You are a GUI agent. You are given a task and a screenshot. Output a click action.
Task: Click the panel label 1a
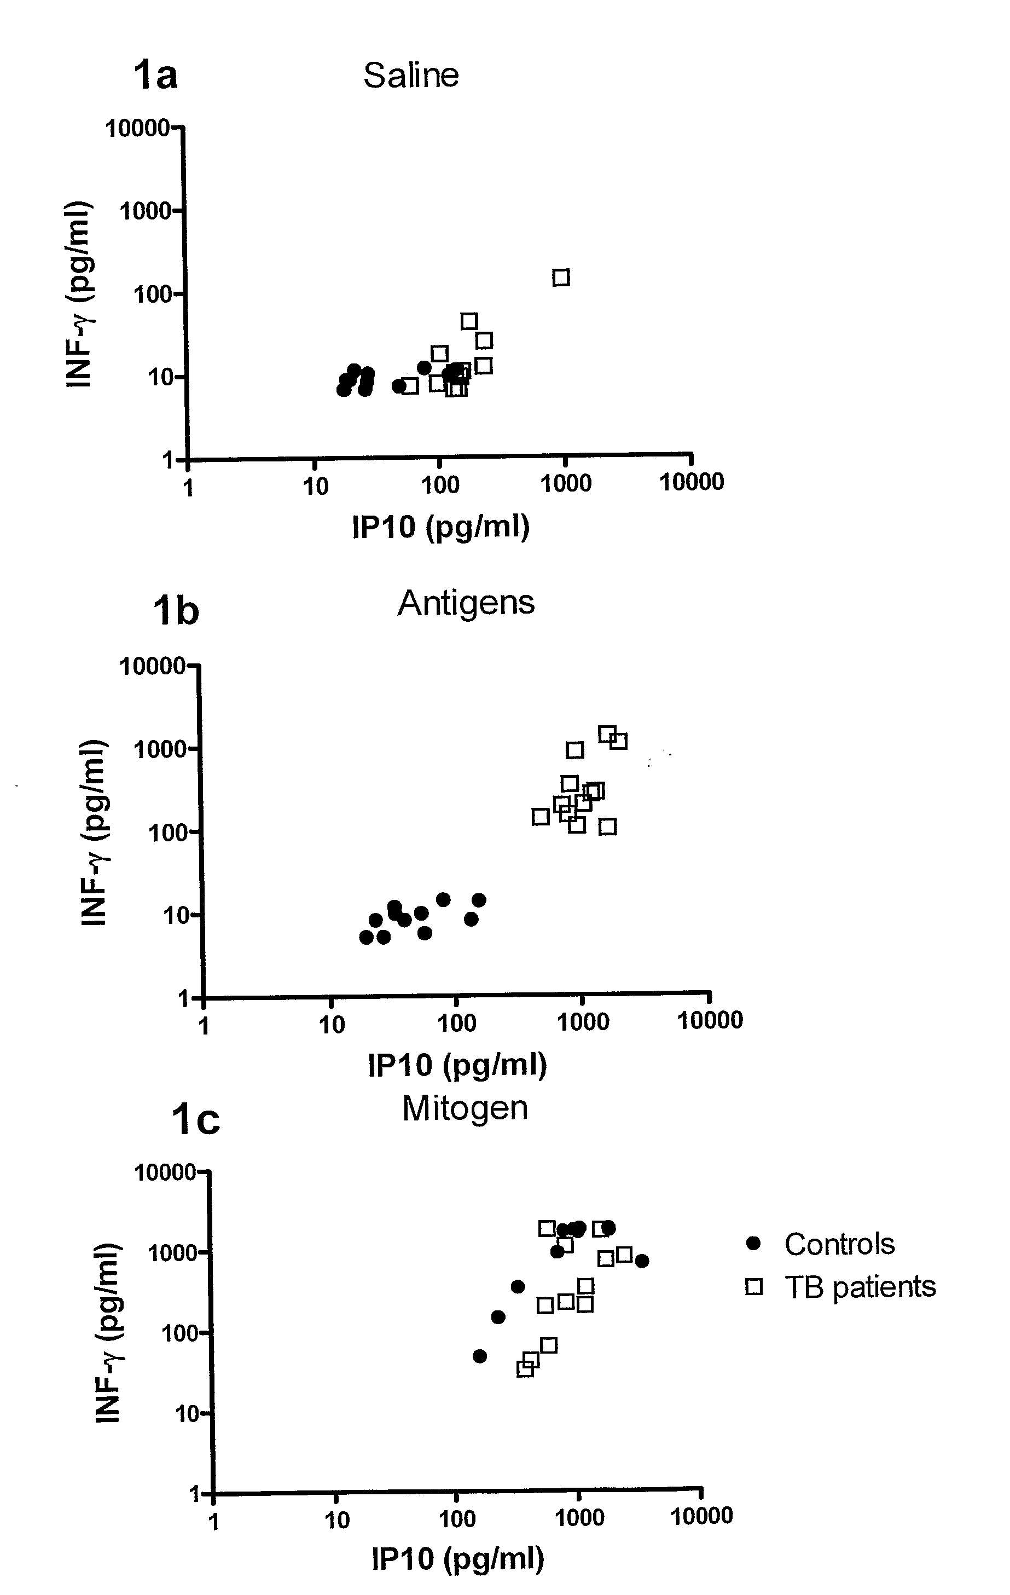coord(155,75)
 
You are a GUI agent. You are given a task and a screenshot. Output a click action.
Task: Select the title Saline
coord(411,76)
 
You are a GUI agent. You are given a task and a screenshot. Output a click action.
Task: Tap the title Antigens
coord(466,603)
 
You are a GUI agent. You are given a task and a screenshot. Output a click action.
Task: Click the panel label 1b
coord(176,610)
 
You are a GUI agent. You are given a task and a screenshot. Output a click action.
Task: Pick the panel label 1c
coord(195,1120)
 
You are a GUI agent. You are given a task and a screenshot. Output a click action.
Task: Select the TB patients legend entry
coord(859,1286)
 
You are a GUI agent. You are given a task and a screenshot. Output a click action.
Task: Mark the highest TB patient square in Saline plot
coord(561,278)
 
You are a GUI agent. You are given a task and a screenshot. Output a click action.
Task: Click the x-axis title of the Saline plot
coord(440,527)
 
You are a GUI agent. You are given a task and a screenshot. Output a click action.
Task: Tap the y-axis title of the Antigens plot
coord(94,832)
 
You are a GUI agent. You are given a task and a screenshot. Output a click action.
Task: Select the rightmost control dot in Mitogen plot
coord(641,1261)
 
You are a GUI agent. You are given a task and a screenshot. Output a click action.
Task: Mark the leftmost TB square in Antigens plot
coord(541,817)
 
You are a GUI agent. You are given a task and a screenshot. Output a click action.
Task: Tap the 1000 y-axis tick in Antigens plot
coord(160,749)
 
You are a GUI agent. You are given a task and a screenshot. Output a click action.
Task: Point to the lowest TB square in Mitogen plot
coord(525,1368)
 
